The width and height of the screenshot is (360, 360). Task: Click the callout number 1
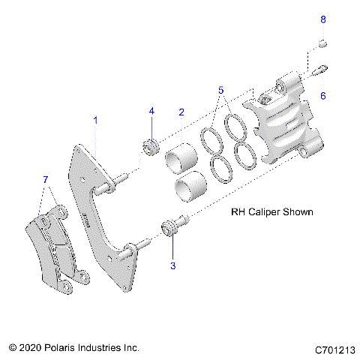95,120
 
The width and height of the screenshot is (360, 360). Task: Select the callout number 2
181,112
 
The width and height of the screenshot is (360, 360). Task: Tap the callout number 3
173,265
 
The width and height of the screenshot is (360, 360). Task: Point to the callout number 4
151,111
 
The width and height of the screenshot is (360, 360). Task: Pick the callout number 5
220,91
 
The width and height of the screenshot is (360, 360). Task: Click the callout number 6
322,96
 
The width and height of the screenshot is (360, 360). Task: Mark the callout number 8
323,18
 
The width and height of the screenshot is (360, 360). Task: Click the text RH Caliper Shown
269,212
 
